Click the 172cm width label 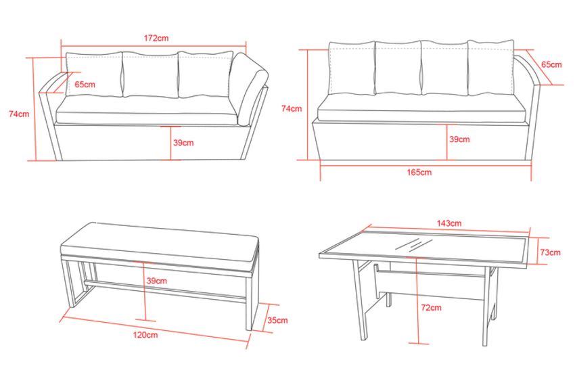coord(156,38)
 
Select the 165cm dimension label coord(419,172)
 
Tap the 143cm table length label coord(449,223)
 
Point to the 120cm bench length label coord(145,334)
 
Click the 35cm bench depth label coord(277,320)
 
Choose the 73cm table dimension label coord(550,252)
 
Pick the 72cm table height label coord(432,308)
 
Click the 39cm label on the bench coord(156,281)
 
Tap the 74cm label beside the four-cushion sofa coord(292,108)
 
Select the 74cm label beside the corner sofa coord(19,114)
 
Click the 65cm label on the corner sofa coord(85,85)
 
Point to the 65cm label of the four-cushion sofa coord(551,64)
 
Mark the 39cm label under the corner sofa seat coord(183,143)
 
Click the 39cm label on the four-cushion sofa coord(459,139)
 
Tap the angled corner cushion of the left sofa coord(249,88)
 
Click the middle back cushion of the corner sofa coord(150,75)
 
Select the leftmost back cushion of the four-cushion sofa coord(352,68)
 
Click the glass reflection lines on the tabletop coord(414,244)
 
